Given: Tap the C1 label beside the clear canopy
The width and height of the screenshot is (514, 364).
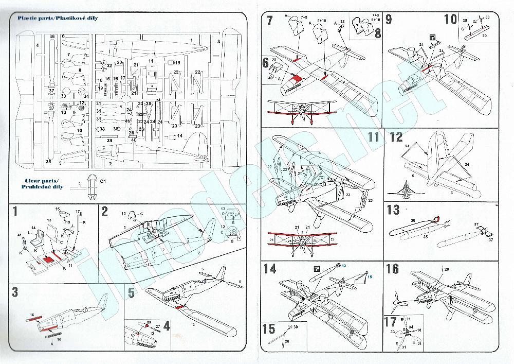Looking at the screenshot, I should [x=102, y=181].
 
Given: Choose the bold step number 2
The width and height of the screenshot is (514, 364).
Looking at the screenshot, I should [x=104, y=211].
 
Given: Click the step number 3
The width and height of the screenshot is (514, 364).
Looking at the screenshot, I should [x=15, y=293].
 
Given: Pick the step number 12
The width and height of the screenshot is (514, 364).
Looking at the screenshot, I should [x=396, y=137].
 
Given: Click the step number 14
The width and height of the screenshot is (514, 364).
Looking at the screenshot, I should [x=270, y=269].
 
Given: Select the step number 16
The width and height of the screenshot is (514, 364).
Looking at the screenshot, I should [x=392, y=269].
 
